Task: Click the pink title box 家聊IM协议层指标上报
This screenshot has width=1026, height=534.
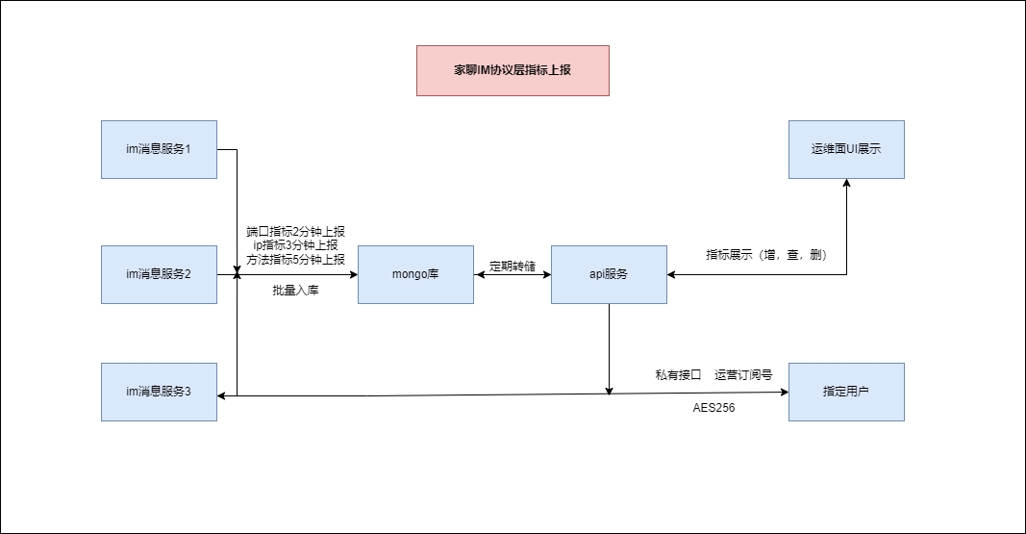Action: click(513, 70)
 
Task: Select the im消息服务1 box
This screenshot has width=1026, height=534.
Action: click(160, 149)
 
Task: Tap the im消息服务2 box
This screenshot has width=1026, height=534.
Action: click(160, 274)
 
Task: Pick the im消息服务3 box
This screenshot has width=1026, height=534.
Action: click(160, 392)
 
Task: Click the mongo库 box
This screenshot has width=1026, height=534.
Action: click(415, 274)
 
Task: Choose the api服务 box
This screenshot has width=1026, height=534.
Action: click(609, 274)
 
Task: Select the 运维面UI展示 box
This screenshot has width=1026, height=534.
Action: click(846, 149)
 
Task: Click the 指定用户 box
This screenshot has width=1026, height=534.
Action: click(846, 392)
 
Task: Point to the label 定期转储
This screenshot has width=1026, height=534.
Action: click(512, 267)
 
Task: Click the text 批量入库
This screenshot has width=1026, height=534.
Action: click(295, 291)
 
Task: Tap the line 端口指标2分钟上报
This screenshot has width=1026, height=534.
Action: click(295, 231)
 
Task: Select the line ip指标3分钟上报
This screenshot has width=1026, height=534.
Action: click(295, 244)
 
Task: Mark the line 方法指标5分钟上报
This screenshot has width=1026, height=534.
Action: click(295, 258)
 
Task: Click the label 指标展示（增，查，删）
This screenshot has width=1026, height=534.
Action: click(766, 255)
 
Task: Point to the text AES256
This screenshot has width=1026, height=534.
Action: click(713, 408)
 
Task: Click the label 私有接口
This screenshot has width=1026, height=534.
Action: click(678, 374)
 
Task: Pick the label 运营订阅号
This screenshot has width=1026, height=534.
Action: click(743, 374)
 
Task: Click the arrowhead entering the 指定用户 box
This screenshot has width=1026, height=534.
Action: click(784, 392)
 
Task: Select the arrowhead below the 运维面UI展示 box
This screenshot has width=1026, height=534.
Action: click(846, 184)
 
